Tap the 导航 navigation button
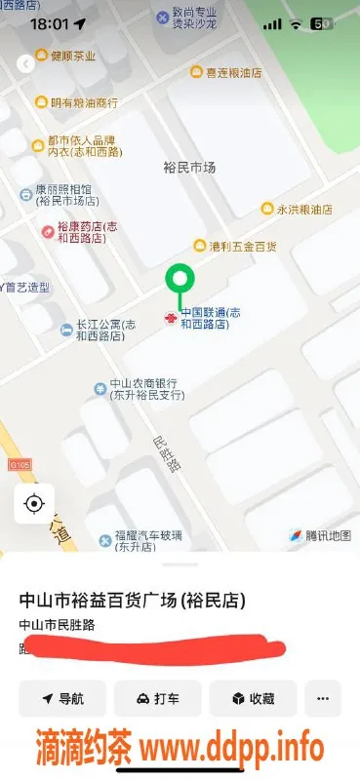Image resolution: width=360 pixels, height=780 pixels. pyautogui.click(x=62, y=698)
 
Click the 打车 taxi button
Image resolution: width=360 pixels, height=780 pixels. pyautogui.click(x=157, y=698)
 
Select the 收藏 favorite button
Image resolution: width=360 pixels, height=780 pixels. pyautogui.click(x=253, y=698)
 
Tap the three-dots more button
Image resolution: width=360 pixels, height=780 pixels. pyautogui.click(x=323, y=698)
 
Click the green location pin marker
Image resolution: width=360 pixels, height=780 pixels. pyautogui.click(x=178, y=280)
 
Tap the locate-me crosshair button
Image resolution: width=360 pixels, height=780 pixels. pyautogui.click(x=34, y=503)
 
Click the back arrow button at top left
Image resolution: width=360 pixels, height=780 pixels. pyautogui.click(x=25, y=63)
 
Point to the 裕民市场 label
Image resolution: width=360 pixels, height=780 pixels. pyautogui.click(x=187, y=168)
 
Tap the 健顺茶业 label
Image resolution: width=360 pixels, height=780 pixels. pyautogui.click(x=73, y=57)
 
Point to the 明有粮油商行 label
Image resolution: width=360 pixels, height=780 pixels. pyautogui.click(x=84, y=102)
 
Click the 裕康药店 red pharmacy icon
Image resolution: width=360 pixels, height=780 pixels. pyautogui.click(x=48, y=230)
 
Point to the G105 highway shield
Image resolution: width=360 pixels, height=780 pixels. pyautogui.click(x=20, y=465)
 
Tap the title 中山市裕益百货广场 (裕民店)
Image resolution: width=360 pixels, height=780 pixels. pyautogui.click(x=132, y=600)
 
